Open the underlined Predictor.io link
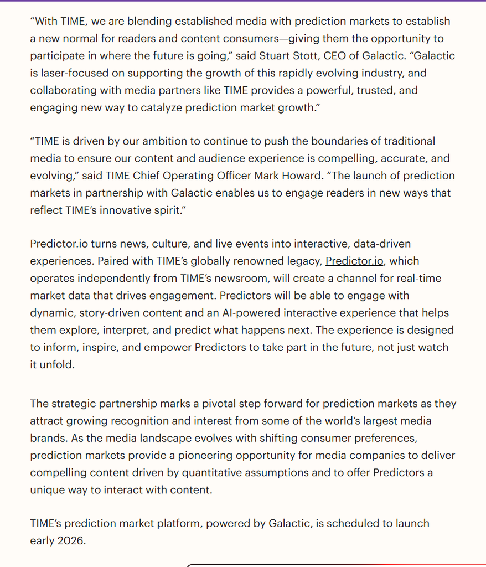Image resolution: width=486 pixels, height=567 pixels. [354, 261]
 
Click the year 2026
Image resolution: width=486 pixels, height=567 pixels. [71, 540]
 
